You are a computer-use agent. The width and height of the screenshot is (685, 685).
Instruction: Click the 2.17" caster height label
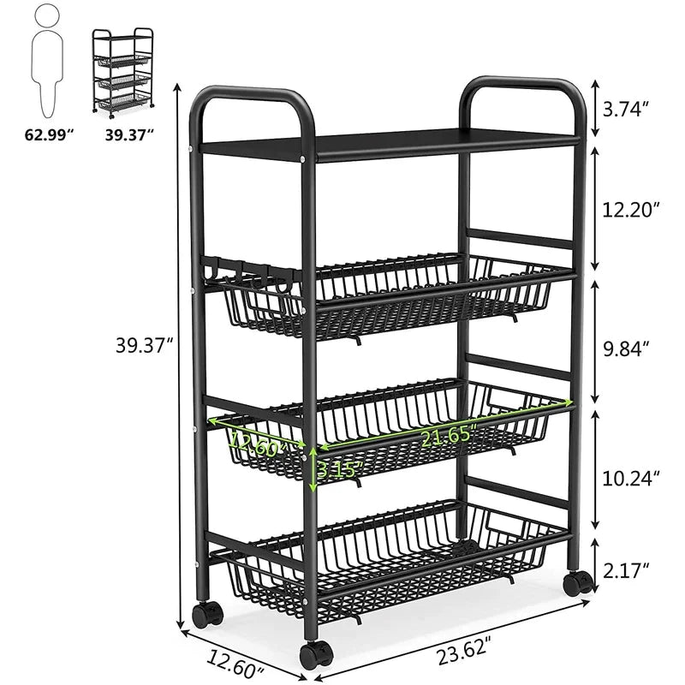626,569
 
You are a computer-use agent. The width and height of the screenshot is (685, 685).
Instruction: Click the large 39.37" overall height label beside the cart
145,346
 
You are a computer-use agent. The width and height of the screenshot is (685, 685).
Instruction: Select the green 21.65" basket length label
447,436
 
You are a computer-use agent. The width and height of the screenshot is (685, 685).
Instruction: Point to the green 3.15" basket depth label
340,470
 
